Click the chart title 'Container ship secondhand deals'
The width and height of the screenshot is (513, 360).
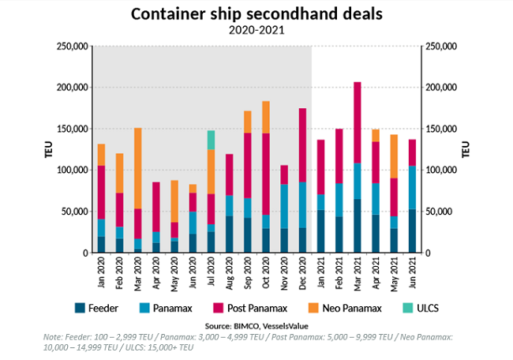click(x=256, y=13)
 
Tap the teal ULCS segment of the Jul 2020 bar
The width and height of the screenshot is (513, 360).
click(x=212, y=140)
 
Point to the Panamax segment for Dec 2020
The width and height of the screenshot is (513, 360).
click(x=302, y=204)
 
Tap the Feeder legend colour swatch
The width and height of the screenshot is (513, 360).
click(x=80, y=307)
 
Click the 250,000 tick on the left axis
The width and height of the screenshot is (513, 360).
click(x=73, y=47)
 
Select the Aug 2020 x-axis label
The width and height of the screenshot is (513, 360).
click(x=229, y=272)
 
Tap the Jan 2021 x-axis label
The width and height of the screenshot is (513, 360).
click(x=320, y=272)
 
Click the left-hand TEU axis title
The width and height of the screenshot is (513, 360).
click(x=49, y=150)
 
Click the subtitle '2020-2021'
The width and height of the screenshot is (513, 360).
click(x=256, y=30)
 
